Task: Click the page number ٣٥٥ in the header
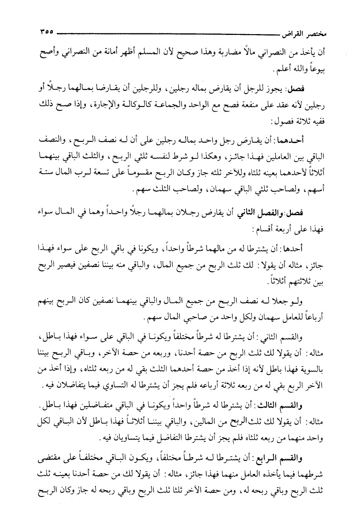point(46,33)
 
